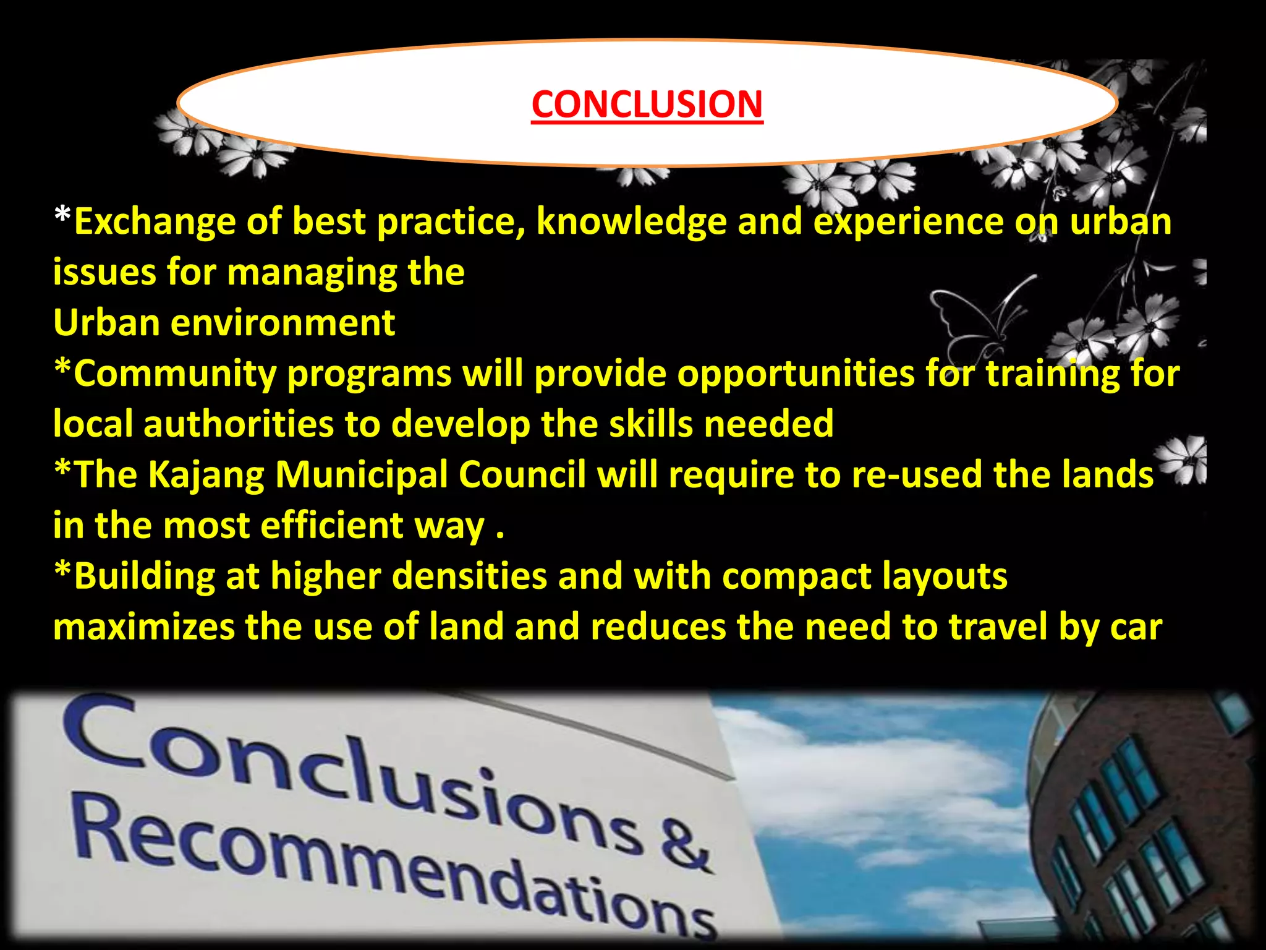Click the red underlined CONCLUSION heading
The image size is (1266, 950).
point(647,105)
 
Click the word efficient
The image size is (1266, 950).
point(331,526)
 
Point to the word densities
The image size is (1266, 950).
point(469,576)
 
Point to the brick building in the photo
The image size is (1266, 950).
point(1144,823)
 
